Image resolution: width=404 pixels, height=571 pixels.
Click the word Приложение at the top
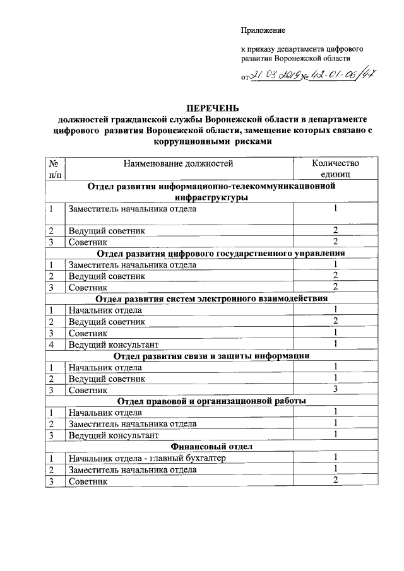point(263,30)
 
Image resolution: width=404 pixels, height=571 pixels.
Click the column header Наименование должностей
point(178,164)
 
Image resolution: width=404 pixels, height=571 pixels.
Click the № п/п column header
point(55,169)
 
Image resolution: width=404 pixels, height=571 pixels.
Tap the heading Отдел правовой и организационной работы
point(211,401)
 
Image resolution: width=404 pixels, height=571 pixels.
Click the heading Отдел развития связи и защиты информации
point(211,356)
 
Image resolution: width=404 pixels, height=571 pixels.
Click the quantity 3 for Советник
point(336,390)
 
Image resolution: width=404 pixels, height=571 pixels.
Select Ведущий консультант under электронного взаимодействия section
point(113,344)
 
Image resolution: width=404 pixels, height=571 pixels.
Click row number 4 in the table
point(50,344)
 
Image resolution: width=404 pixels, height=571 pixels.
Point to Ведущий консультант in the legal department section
point(113,435)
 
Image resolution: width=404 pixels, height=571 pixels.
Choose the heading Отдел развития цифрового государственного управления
point(211,254)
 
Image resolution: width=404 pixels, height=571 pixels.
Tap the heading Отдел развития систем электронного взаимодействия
point(211,298)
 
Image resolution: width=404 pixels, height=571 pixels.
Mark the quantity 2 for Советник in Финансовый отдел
point(336,481)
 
